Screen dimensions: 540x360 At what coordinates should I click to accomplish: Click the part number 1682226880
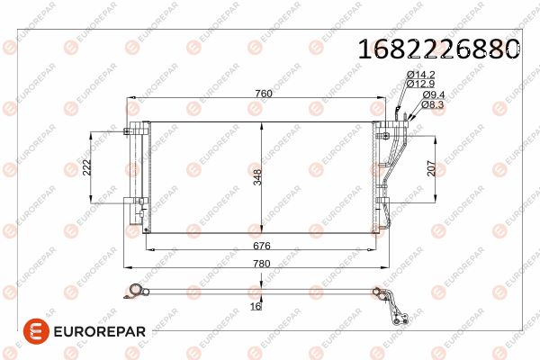[439, 49]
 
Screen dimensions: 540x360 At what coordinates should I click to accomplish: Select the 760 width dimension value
[264, 94]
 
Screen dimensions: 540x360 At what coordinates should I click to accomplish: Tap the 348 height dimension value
[257, 177]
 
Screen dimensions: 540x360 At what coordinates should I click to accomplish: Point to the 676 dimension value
[262, 246]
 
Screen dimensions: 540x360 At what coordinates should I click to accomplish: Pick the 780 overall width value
[262, 264]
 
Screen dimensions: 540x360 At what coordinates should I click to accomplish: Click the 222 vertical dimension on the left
[87, 167]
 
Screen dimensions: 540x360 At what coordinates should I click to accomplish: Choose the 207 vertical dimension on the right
[431, 168]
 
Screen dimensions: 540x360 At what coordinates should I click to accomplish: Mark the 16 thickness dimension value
[256, 306]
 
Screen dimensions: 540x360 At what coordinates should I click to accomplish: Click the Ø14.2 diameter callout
[421, 75]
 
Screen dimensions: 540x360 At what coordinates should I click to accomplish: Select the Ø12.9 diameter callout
[421, 84]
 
